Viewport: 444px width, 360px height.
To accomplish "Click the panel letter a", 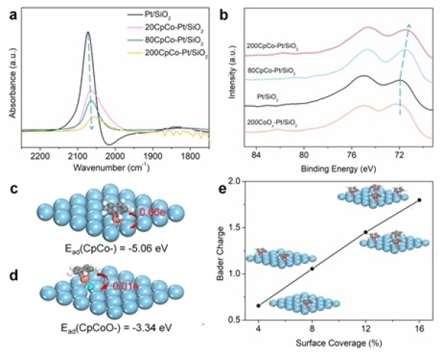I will tap(7, 10).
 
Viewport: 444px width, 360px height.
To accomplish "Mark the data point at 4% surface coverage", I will tap(258, 305).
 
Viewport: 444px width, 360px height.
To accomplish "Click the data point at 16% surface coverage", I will tap(420, 200).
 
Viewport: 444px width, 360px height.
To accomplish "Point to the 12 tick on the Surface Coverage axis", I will tap(366, 330).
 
